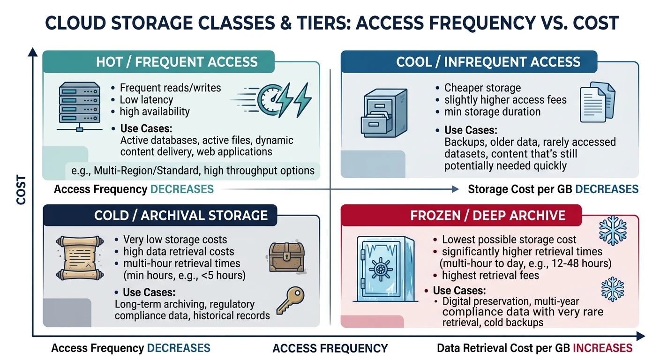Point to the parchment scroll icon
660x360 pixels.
pos(79,257)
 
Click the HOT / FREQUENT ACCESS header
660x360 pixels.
pos(176,62)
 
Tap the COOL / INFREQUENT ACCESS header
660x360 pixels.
pos(488,62)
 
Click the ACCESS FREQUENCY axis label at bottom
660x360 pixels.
pos(330,348)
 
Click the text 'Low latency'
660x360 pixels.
pos(146,99)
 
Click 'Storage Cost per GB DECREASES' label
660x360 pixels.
pos(553,189)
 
